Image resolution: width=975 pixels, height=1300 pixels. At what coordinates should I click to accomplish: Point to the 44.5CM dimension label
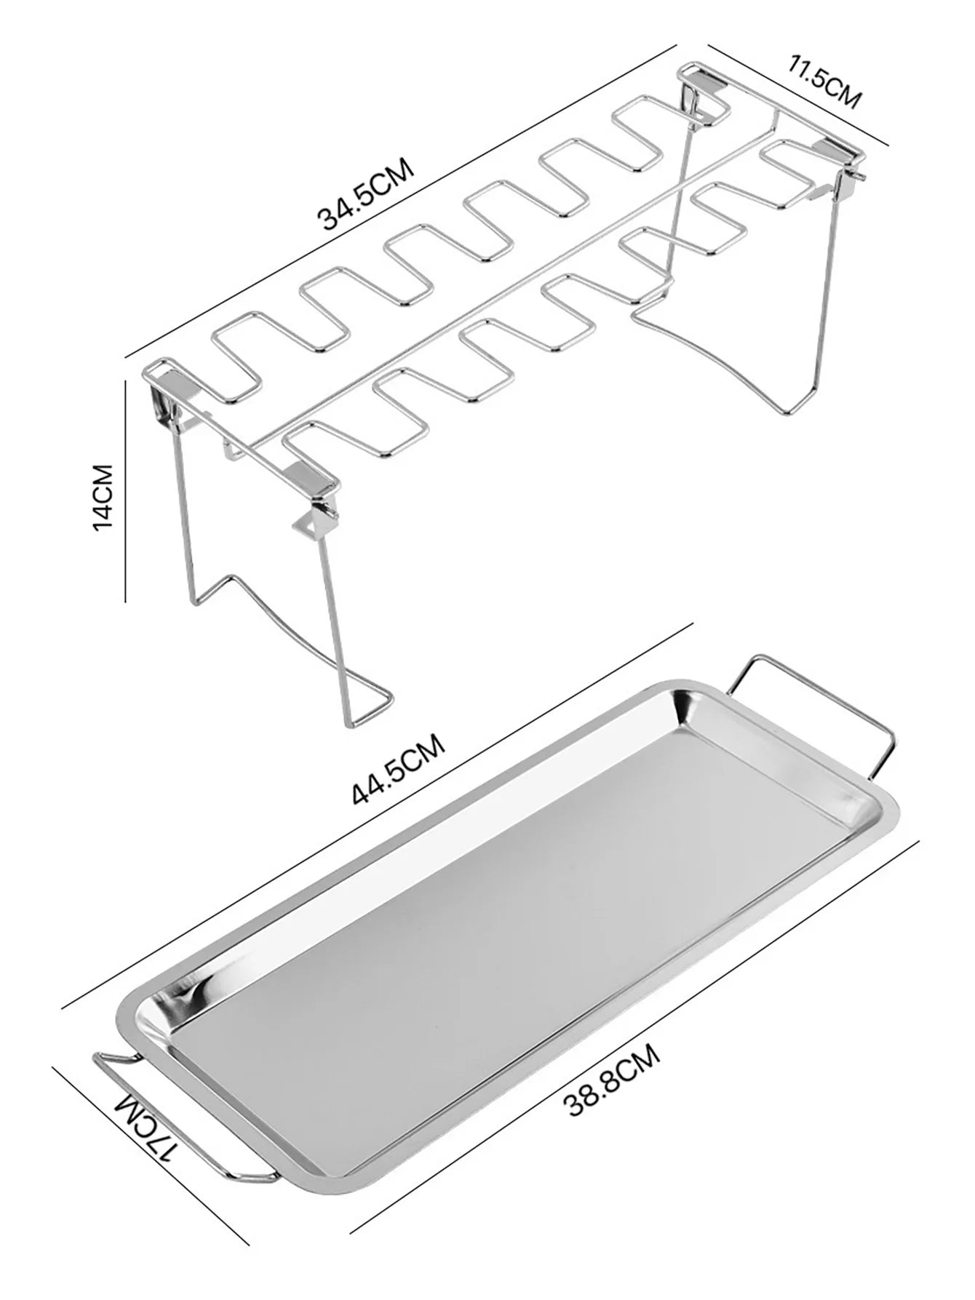tap(397, 768)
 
